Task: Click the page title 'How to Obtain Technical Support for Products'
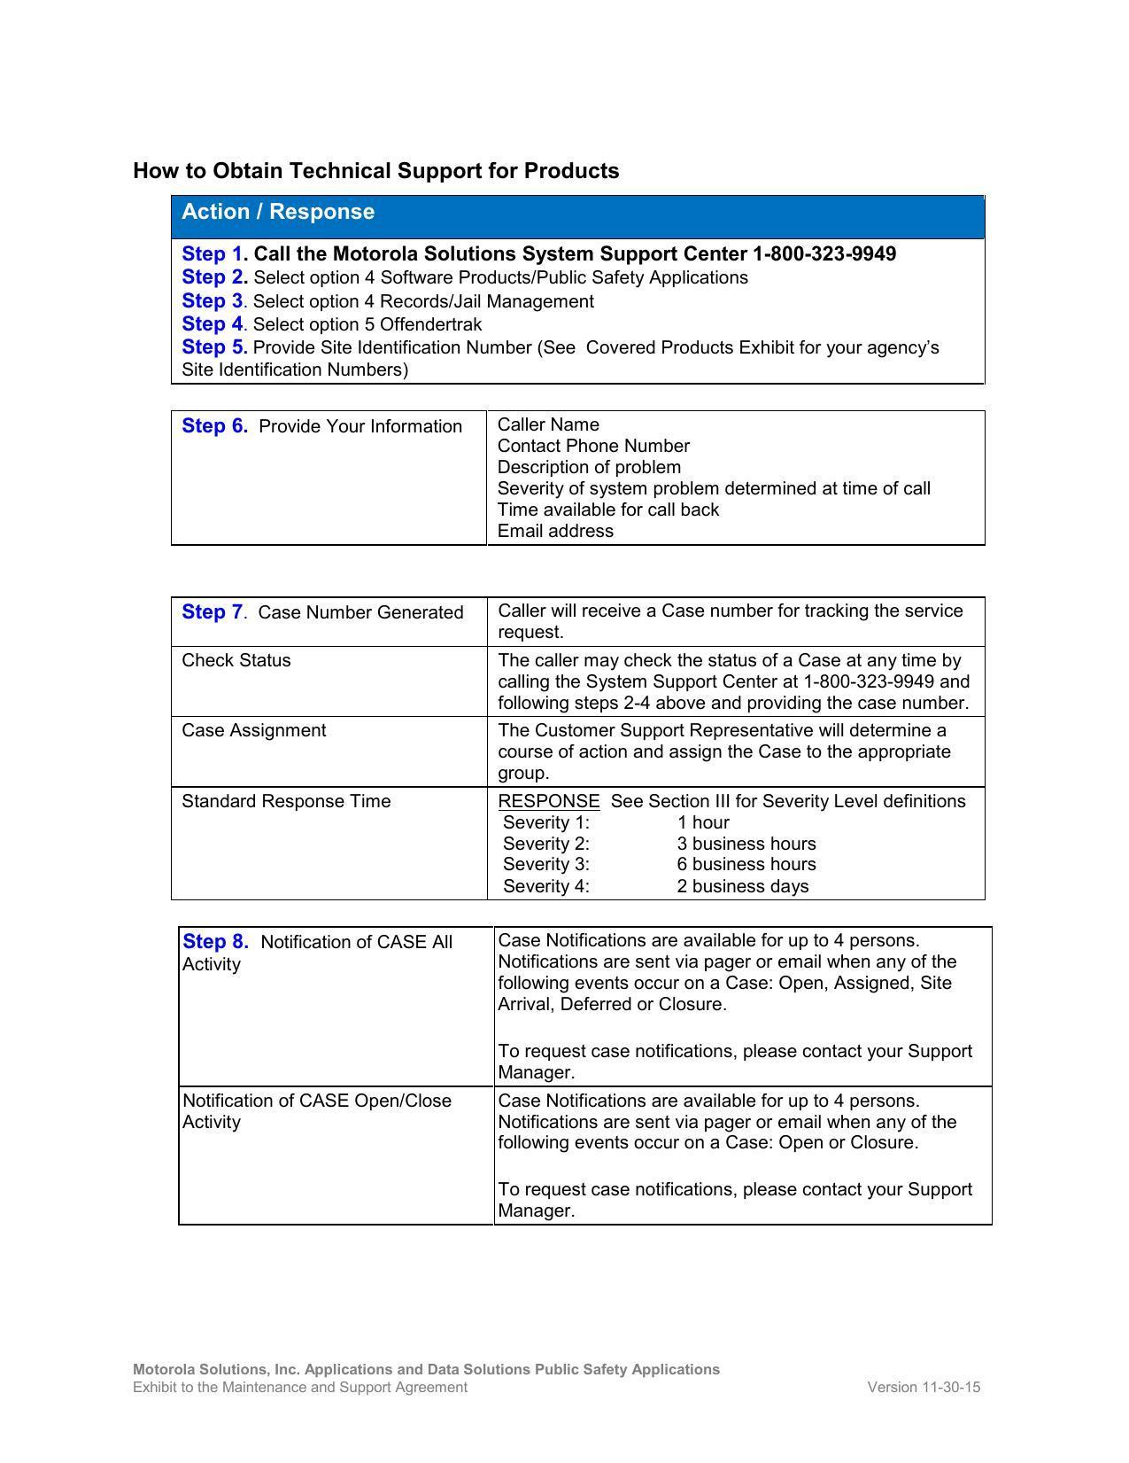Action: click(x=375, y=171)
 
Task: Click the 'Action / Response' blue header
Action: click(x=278, y=212)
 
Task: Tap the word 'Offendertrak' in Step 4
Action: click(x=430, y=324)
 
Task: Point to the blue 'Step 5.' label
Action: click(x=214, y=347)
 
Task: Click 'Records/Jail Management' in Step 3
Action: click(x=486, y=301)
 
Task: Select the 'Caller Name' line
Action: click(x=548, y=424)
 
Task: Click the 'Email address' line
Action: click(x=555, y=531)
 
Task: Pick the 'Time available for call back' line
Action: click(x=608, y=510)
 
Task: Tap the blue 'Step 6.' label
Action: click(x=215, y=426)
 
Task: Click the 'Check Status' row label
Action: click(x=236, y=660)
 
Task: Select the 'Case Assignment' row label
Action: click(x=254, y=730)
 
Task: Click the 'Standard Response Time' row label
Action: click(x=286, y=801)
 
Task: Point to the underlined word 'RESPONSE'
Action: click(x=549, y=801)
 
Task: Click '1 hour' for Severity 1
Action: click(x=703, y=822)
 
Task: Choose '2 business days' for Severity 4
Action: click(x=742, y=886)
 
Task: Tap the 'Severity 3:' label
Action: click(x=546, y=864)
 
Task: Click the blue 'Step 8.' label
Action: click(x=215, y=942)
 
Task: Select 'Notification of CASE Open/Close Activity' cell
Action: click(x=317, y=1111)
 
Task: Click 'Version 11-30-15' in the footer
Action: click(x=924, y=1387)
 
